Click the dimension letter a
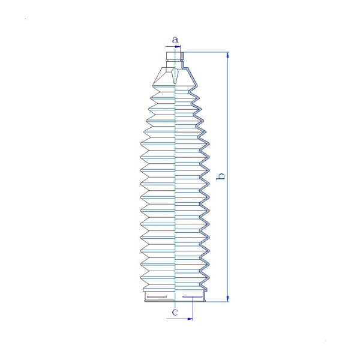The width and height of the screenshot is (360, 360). (175, 40)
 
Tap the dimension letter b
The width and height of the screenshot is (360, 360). (221, 176)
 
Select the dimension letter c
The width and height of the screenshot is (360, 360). (175, 312)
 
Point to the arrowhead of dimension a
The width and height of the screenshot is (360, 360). (178, 47)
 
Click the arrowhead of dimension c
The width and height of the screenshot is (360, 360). (190, 319)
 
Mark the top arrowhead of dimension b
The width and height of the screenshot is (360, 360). (227, 55)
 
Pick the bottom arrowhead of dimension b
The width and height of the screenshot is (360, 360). (227, 298)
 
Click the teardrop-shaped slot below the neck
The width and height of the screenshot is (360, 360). (175, 76)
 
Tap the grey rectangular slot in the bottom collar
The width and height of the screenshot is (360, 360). (157, 296)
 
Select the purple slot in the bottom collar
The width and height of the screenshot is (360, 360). (193, 296)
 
